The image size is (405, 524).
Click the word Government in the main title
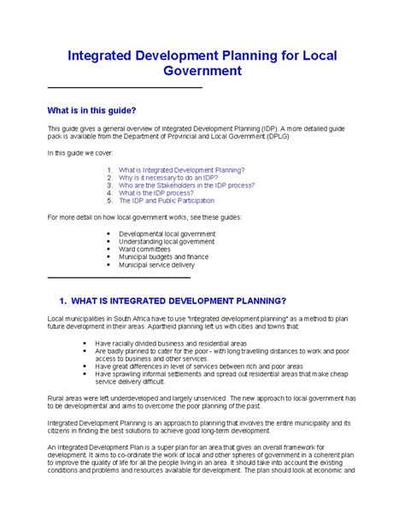click(202, 73)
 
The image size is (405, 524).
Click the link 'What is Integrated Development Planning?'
click(182, 170)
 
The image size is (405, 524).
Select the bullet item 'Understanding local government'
click(166, 241)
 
